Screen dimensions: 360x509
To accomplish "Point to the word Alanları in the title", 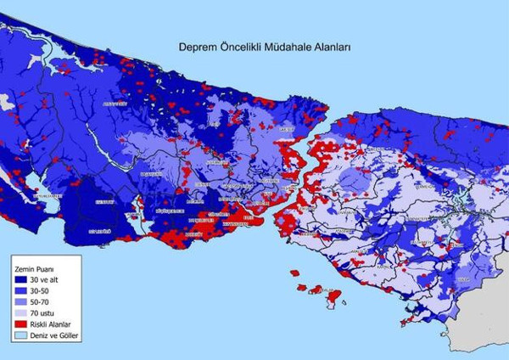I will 334,50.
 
